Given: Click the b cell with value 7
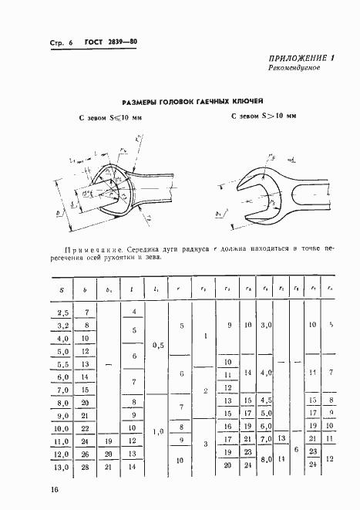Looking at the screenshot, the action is click(86, 312).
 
